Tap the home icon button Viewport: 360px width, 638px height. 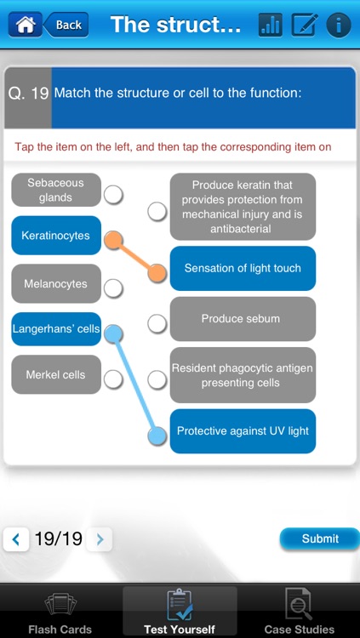[25, 25]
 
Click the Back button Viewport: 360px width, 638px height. [66, 25]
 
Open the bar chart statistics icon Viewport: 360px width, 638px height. [271, 25]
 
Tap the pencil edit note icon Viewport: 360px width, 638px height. [305, 25]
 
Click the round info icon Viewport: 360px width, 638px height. [339, 26]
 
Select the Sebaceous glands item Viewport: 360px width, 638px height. [56, 190]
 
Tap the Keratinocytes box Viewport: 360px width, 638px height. [56, 235]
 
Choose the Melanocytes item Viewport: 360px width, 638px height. [56, 283]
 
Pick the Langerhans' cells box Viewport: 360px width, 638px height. [56, 328]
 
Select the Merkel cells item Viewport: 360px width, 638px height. [56, 374]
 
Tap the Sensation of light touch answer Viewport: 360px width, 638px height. [243, 268]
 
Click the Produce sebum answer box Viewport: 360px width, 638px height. [243, 319]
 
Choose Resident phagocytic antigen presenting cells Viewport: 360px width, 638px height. [243, 375]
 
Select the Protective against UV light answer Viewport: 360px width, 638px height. [243, 431]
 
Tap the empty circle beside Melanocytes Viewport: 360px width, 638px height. [113, 288]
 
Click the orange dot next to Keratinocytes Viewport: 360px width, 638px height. [113, 240]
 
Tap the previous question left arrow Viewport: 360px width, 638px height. [16, 539]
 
